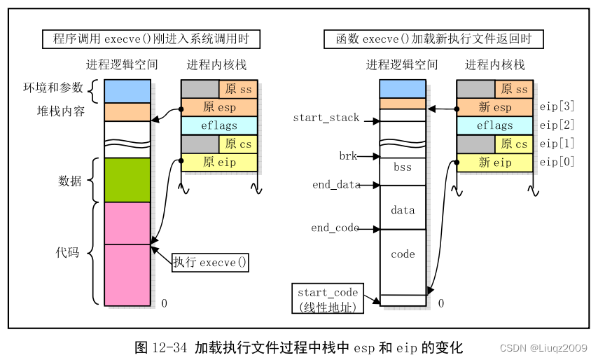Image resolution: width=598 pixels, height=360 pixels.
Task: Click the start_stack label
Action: pyautogui.click(x=326, y=118)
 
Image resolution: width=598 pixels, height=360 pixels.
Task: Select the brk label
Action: pyautogui.click(x=348, y=156)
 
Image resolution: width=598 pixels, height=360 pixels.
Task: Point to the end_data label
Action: pyautogui.click(x=336, y=185)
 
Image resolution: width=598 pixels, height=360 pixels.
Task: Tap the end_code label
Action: pyautogui.click(x=335, y=228)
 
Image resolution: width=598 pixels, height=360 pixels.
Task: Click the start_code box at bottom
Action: pyautogui.click(x=328, y=299)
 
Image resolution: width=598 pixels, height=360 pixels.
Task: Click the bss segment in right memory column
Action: pyautogui.click(x=403, y=168)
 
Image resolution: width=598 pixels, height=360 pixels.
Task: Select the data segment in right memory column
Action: pyautogui.click(x=403, y=209)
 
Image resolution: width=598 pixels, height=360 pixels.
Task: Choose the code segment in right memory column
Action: pyautogui.click(x=403, y=254)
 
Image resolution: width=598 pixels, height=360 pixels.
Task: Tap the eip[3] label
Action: pyautogui.click(x=557, y=106)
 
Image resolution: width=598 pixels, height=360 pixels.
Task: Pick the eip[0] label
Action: pyautogui.click(x=557, y=162)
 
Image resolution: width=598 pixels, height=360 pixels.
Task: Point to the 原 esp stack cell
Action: pyautogui.click(x=219, y=108)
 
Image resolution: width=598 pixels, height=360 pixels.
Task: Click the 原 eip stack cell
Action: pyautogui.click(x=219, y=162)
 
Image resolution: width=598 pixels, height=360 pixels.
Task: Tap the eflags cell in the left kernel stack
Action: pyautogui.click(x=219, y=126)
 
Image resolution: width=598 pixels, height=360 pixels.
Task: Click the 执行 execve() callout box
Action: pyautogui.click(x=211, y=263)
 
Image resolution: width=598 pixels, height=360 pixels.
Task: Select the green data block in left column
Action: pyautogui.click(x=127, y=180)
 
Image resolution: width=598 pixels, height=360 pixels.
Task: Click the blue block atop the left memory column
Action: pyautogui.click(x=127, y=91)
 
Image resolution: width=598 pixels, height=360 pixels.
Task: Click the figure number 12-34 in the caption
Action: pyautogui.click(x=170, y=347)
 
